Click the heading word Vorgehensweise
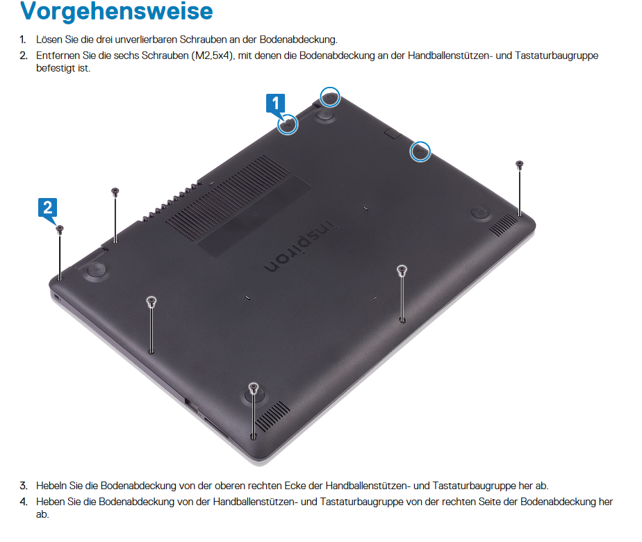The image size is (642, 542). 117,11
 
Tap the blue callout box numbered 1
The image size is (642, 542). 276,103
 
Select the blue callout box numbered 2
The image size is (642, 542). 47,207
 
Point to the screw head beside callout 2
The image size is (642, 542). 60,229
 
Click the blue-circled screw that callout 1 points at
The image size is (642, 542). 288,124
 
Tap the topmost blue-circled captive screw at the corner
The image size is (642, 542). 329,97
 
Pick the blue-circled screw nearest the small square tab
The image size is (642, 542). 420,151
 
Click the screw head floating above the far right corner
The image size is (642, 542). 520,165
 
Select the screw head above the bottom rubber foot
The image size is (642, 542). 254,386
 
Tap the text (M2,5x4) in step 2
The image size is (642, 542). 213,56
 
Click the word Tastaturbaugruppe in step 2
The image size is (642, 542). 557,56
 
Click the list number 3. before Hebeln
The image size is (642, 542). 24,486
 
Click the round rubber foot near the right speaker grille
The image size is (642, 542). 479,213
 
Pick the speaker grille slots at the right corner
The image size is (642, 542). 503,224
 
